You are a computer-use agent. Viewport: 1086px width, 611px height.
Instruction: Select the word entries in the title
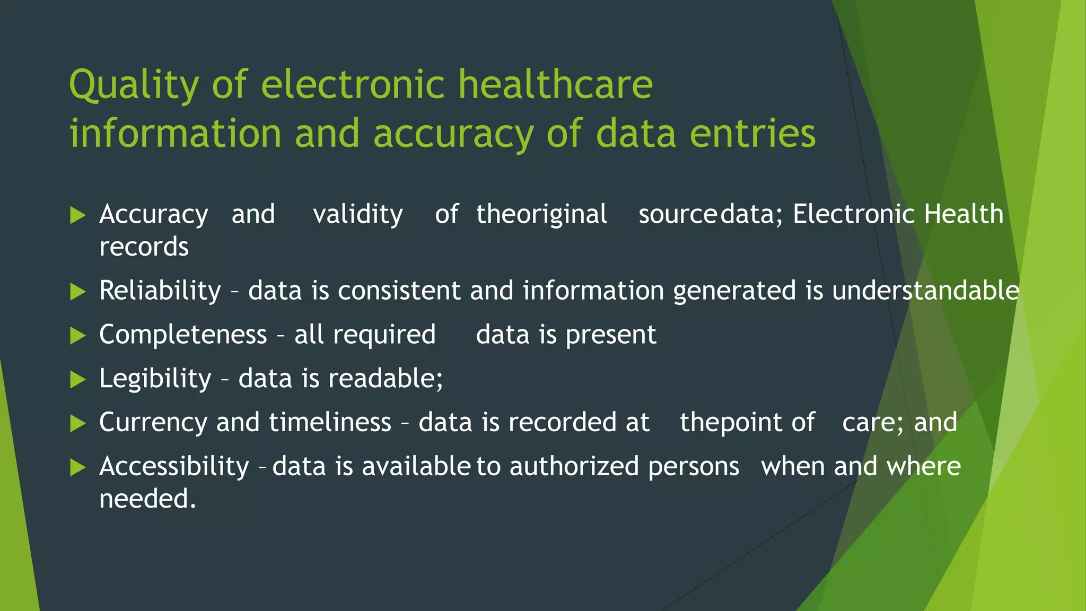[752, 133]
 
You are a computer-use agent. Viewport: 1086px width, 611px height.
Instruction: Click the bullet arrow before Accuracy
[77, 215]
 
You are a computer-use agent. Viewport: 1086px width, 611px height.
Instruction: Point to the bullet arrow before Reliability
[77, 291]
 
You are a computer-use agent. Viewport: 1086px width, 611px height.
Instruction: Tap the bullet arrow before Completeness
[77, 335]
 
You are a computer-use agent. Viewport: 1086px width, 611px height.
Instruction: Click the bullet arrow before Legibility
[77, 379]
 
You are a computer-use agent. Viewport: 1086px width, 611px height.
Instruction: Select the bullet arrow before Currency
[77, 423]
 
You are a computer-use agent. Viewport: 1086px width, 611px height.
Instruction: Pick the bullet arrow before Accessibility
[77, 467]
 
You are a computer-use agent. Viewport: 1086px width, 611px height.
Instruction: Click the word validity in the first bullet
[358, 215]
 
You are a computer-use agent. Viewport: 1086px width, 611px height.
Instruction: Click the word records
[144, 247]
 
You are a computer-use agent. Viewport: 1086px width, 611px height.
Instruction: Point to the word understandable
[925, 291]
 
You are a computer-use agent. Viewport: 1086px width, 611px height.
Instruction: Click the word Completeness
[183, 335]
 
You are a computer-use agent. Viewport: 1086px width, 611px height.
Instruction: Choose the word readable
[385, 379]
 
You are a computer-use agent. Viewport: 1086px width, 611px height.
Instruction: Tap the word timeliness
[330, 423]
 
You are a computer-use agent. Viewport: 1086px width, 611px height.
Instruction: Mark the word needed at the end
[147, 499]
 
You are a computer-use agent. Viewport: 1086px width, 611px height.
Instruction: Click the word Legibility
[155, 379]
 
